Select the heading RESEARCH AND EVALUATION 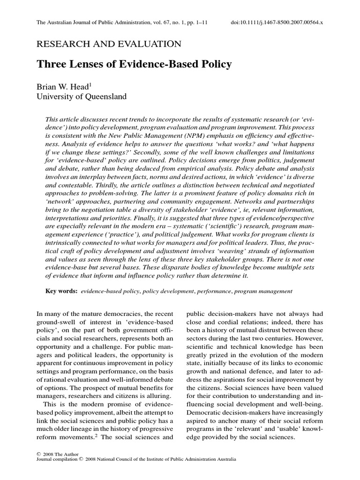click(x=108, y=44)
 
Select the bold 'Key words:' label click(x=61, y=291)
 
